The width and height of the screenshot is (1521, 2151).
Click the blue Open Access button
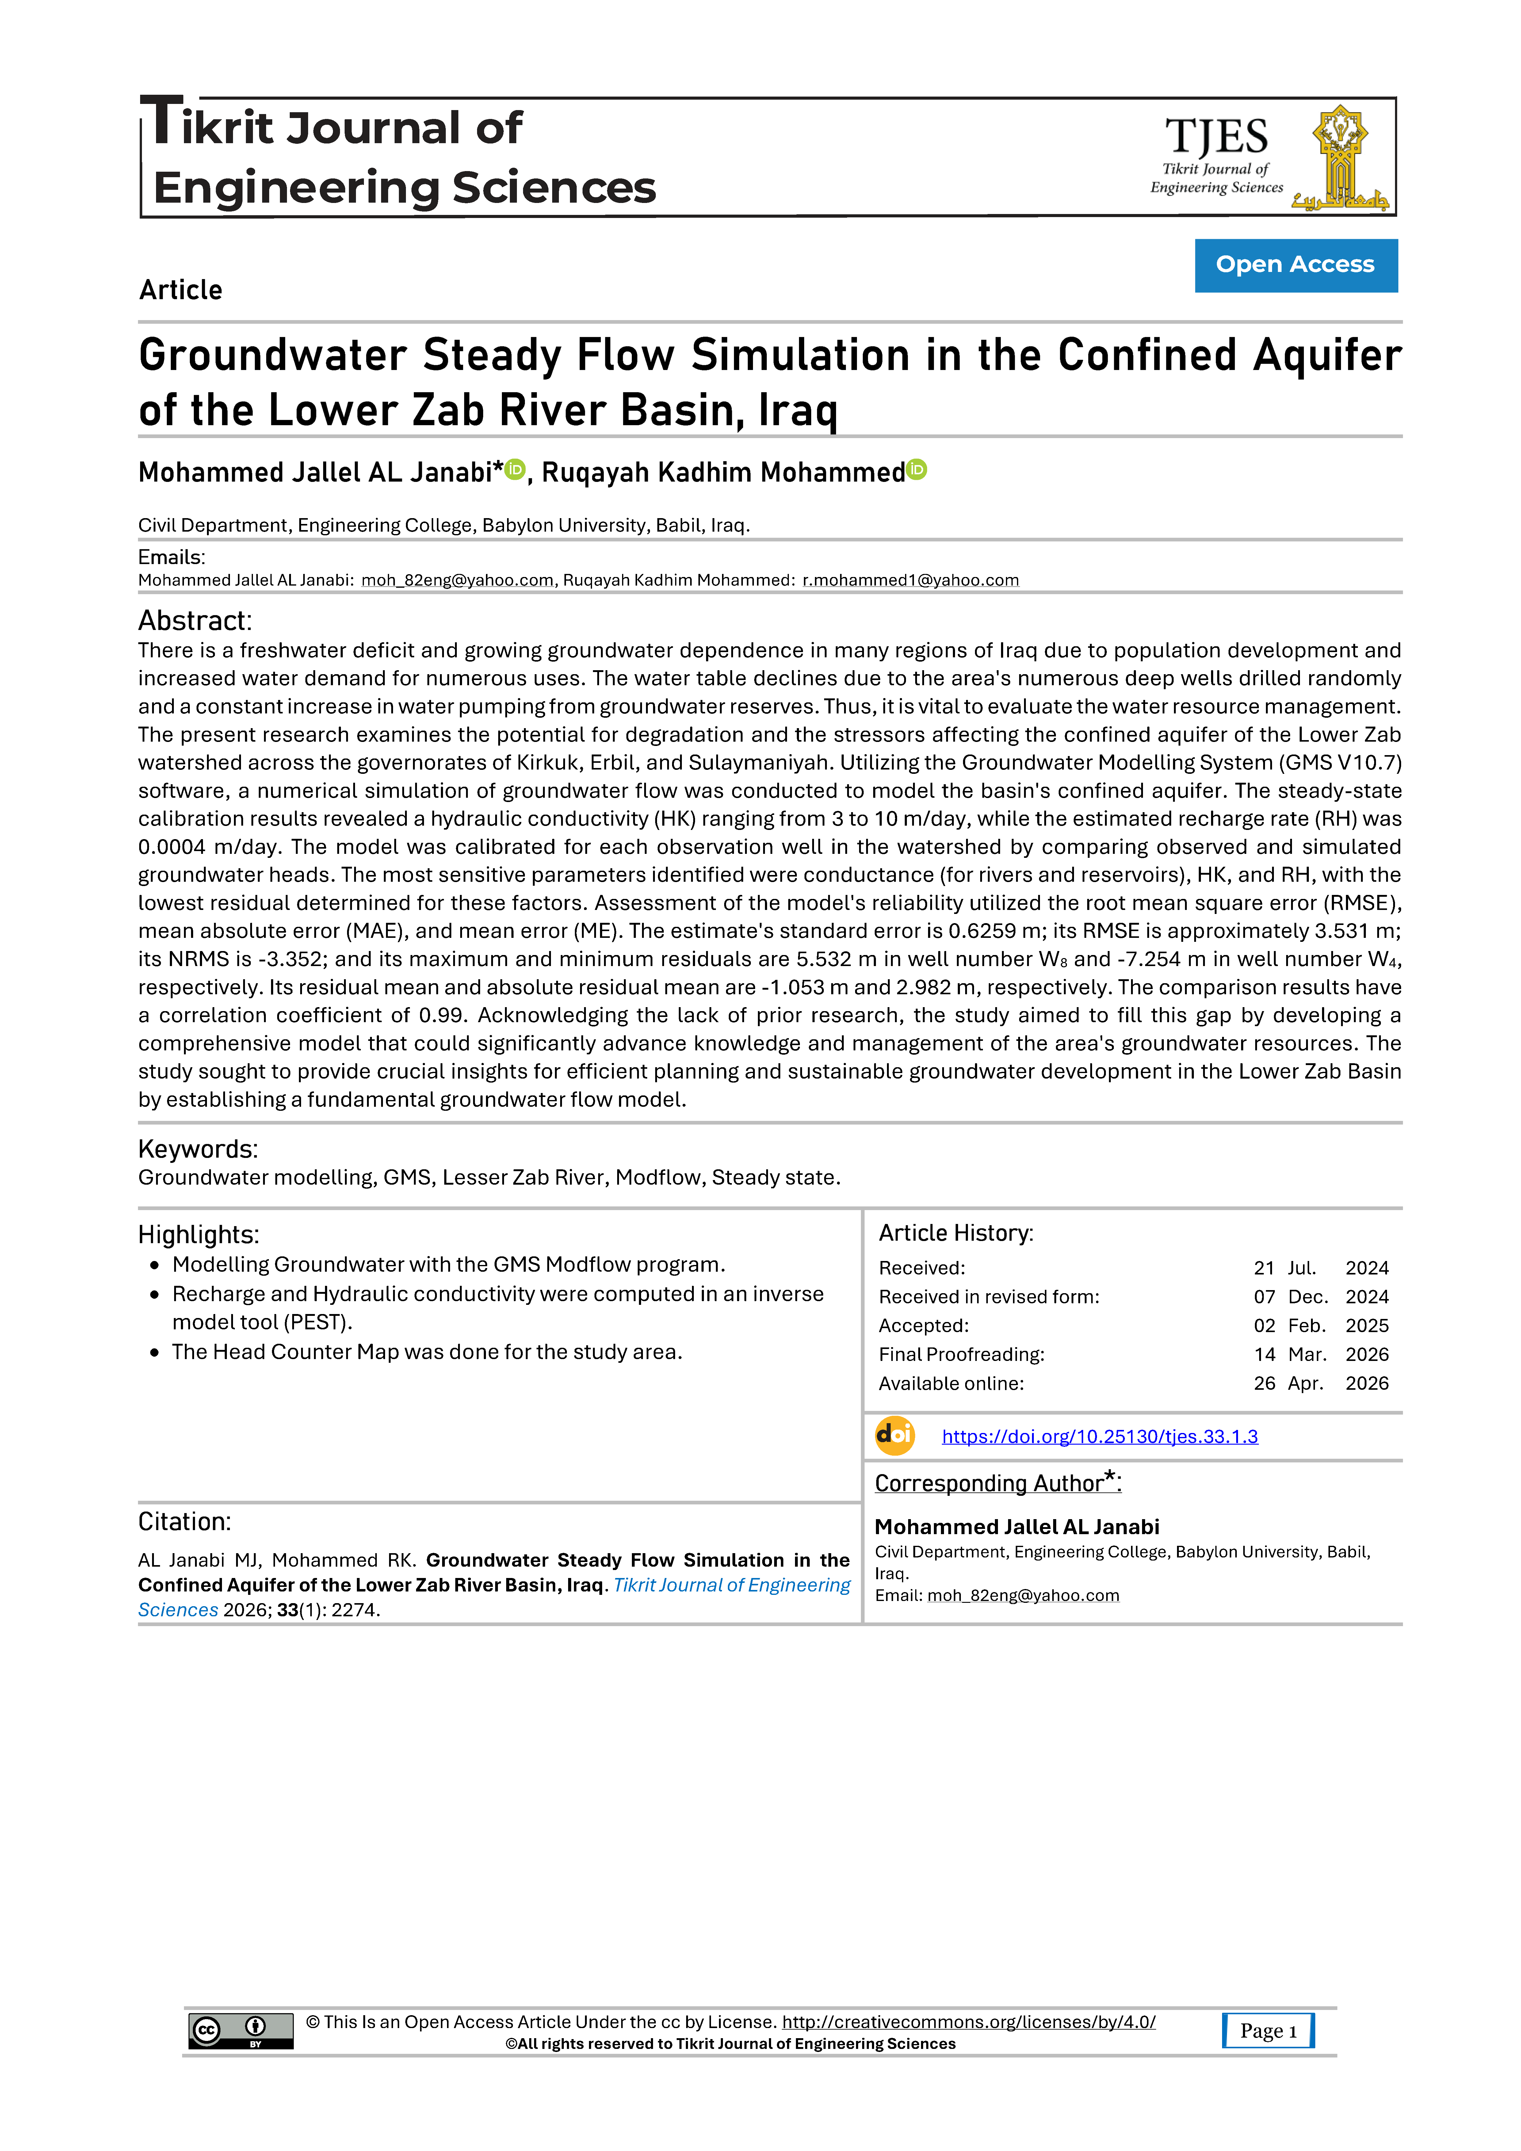[x=1295, y=265]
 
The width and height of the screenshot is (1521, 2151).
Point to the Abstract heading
[x=195, y=620]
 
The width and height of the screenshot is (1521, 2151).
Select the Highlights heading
[x=199, y=1235]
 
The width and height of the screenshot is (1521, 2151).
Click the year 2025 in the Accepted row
[x=1366, y=1326]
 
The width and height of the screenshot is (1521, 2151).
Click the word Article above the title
[x=181, y=290]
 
